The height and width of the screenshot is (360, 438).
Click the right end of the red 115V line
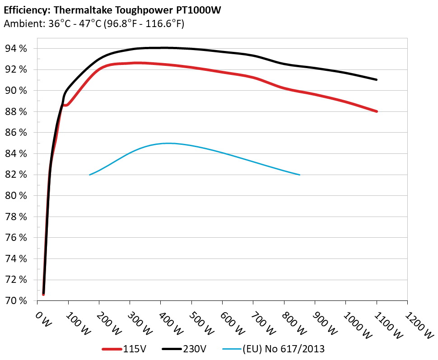point(376,111)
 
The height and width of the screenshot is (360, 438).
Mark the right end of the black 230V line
point(376,79)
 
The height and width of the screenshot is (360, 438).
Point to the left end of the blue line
point(90,175)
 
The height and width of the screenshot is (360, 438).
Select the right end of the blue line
point(299,175)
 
